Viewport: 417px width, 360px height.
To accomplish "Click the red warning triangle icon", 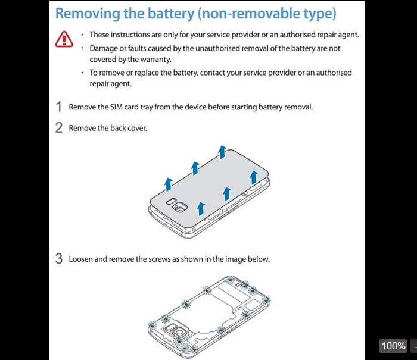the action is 64,39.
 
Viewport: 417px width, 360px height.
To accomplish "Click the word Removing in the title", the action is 88,14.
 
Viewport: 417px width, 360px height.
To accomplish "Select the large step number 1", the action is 59,107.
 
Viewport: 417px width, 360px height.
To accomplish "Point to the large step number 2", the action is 59,128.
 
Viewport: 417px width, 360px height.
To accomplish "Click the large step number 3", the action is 59,259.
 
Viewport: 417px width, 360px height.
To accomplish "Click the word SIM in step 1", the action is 116,107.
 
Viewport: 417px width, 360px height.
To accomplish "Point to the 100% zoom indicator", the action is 393,346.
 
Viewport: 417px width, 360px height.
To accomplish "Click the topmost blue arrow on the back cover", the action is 222,152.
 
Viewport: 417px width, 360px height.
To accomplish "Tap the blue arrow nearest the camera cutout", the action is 201,208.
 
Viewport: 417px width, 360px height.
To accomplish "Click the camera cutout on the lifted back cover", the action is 180,206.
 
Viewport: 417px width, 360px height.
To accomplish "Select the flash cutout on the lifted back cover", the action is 171,201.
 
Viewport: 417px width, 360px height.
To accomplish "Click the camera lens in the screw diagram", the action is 180,333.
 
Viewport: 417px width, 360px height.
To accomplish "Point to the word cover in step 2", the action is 137,128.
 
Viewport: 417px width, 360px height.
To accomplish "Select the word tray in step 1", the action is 147,107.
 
